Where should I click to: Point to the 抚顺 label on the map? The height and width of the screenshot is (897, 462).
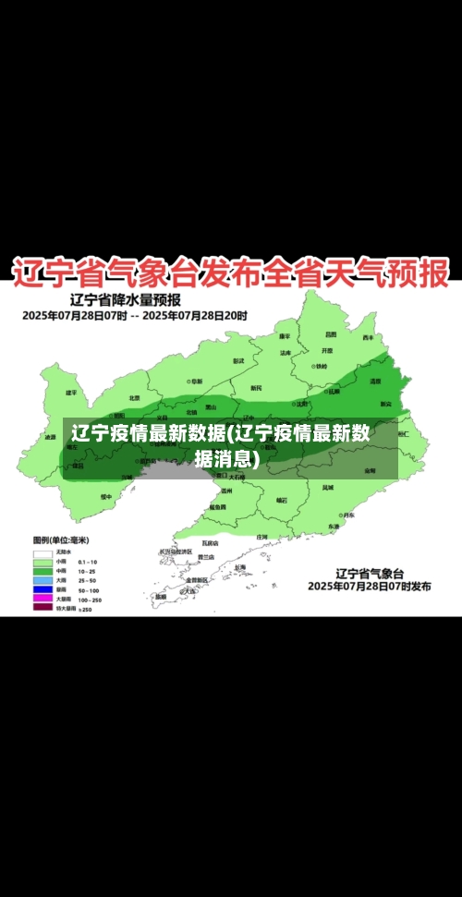[x=334, y=391]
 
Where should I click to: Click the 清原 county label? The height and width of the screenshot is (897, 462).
[x=375, y=381]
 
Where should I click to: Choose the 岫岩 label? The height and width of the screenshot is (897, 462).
[x=282, y=500]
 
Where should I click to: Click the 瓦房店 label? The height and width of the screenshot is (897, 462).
[x=210, y=542]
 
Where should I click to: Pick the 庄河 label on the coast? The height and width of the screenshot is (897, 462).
[x=261, y=536]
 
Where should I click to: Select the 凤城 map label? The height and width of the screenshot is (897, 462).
[x=328, y=487]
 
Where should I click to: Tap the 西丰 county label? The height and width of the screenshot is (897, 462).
[x=368, y=337]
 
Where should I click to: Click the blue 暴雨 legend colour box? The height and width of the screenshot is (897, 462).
[x=43, y=588]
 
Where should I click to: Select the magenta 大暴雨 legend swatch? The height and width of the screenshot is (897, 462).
[x=43, y=598]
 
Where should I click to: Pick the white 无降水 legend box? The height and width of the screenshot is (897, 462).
[x=43, y=552]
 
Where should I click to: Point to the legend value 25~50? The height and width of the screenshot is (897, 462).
[x=88, y=579]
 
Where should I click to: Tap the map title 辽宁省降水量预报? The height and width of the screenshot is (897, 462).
[x=126, y=300]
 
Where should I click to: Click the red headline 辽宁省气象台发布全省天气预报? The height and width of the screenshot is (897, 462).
[x=230, y=273]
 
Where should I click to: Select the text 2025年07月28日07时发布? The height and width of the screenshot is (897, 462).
[x=369, y=586]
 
